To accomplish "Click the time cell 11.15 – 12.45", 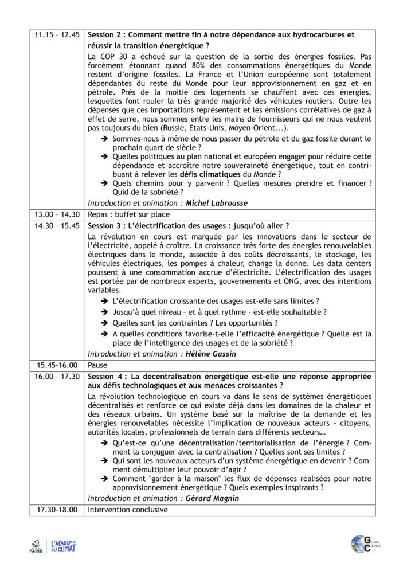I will pyautogui.click(x=57, y=35).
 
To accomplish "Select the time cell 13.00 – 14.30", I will pyautogui.click(x=57, y=214).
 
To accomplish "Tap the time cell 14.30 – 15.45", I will pyautogui.click(x=57, y=225).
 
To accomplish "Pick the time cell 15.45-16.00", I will pyautogui.click(x=57, y=365).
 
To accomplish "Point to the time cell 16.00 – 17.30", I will pyautogui.click(x=57, y=376).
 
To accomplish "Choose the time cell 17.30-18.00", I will pyautogui.click(x=57, y=510).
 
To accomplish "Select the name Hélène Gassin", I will pyautogui.click(x=211, y=354).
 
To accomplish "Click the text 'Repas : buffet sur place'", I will pyautogui.click(x=128, y=214).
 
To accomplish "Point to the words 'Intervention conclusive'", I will pyautogui.click(x=128, y=510).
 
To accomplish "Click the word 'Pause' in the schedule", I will pyautogui.click(x=97, y=365).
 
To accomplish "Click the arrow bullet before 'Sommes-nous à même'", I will pyautogui.click(x=104, y=139).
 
